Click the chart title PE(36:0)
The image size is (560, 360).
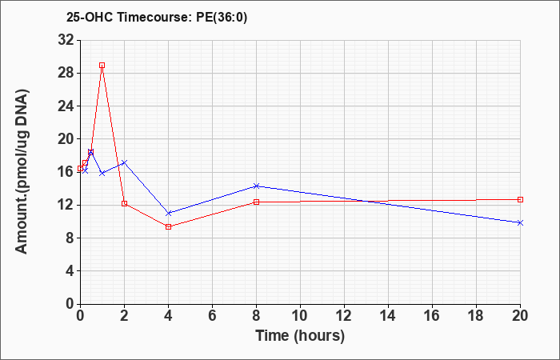click(x=222, y=17)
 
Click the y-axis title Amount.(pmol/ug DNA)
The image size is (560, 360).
click(x=22, y=171)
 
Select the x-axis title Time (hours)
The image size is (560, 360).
click(x=300, y=336)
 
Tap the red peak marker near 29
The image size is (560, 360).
click(x=102, y=66)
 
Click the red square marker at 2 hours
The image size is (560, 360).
click(x=124, y=203)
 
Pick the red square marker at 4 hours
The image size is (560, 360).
click(x=169, y=226)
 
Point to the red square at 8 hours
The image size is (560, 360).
click(x=257, y=202)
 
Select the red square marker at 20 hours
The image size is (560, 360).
click(x=520, y=200)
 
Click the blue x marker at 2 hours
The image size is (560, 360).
click(x=124, y=162)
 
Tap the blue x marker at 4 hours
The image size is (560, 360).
click(x=169, y=214)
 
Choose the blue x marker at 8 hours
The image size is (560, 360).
click(x=257, y=186)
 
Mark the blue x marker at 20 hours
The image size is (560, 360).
click(x=520, y=223)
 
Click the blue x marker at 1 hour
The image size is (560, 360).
click(x=102, y=174)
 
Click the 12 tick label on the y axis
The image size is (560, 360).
click(x=66, y=206)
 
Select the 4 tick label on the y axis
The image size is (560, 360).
click(x=70, y=271)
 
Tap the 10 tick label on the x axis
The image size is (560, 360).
click(x=300, y=316)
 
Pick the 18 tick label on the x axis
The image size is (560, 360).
click(x=476, y=316)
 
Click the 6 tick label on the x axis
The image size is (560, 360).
click(x=212, y=316)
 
